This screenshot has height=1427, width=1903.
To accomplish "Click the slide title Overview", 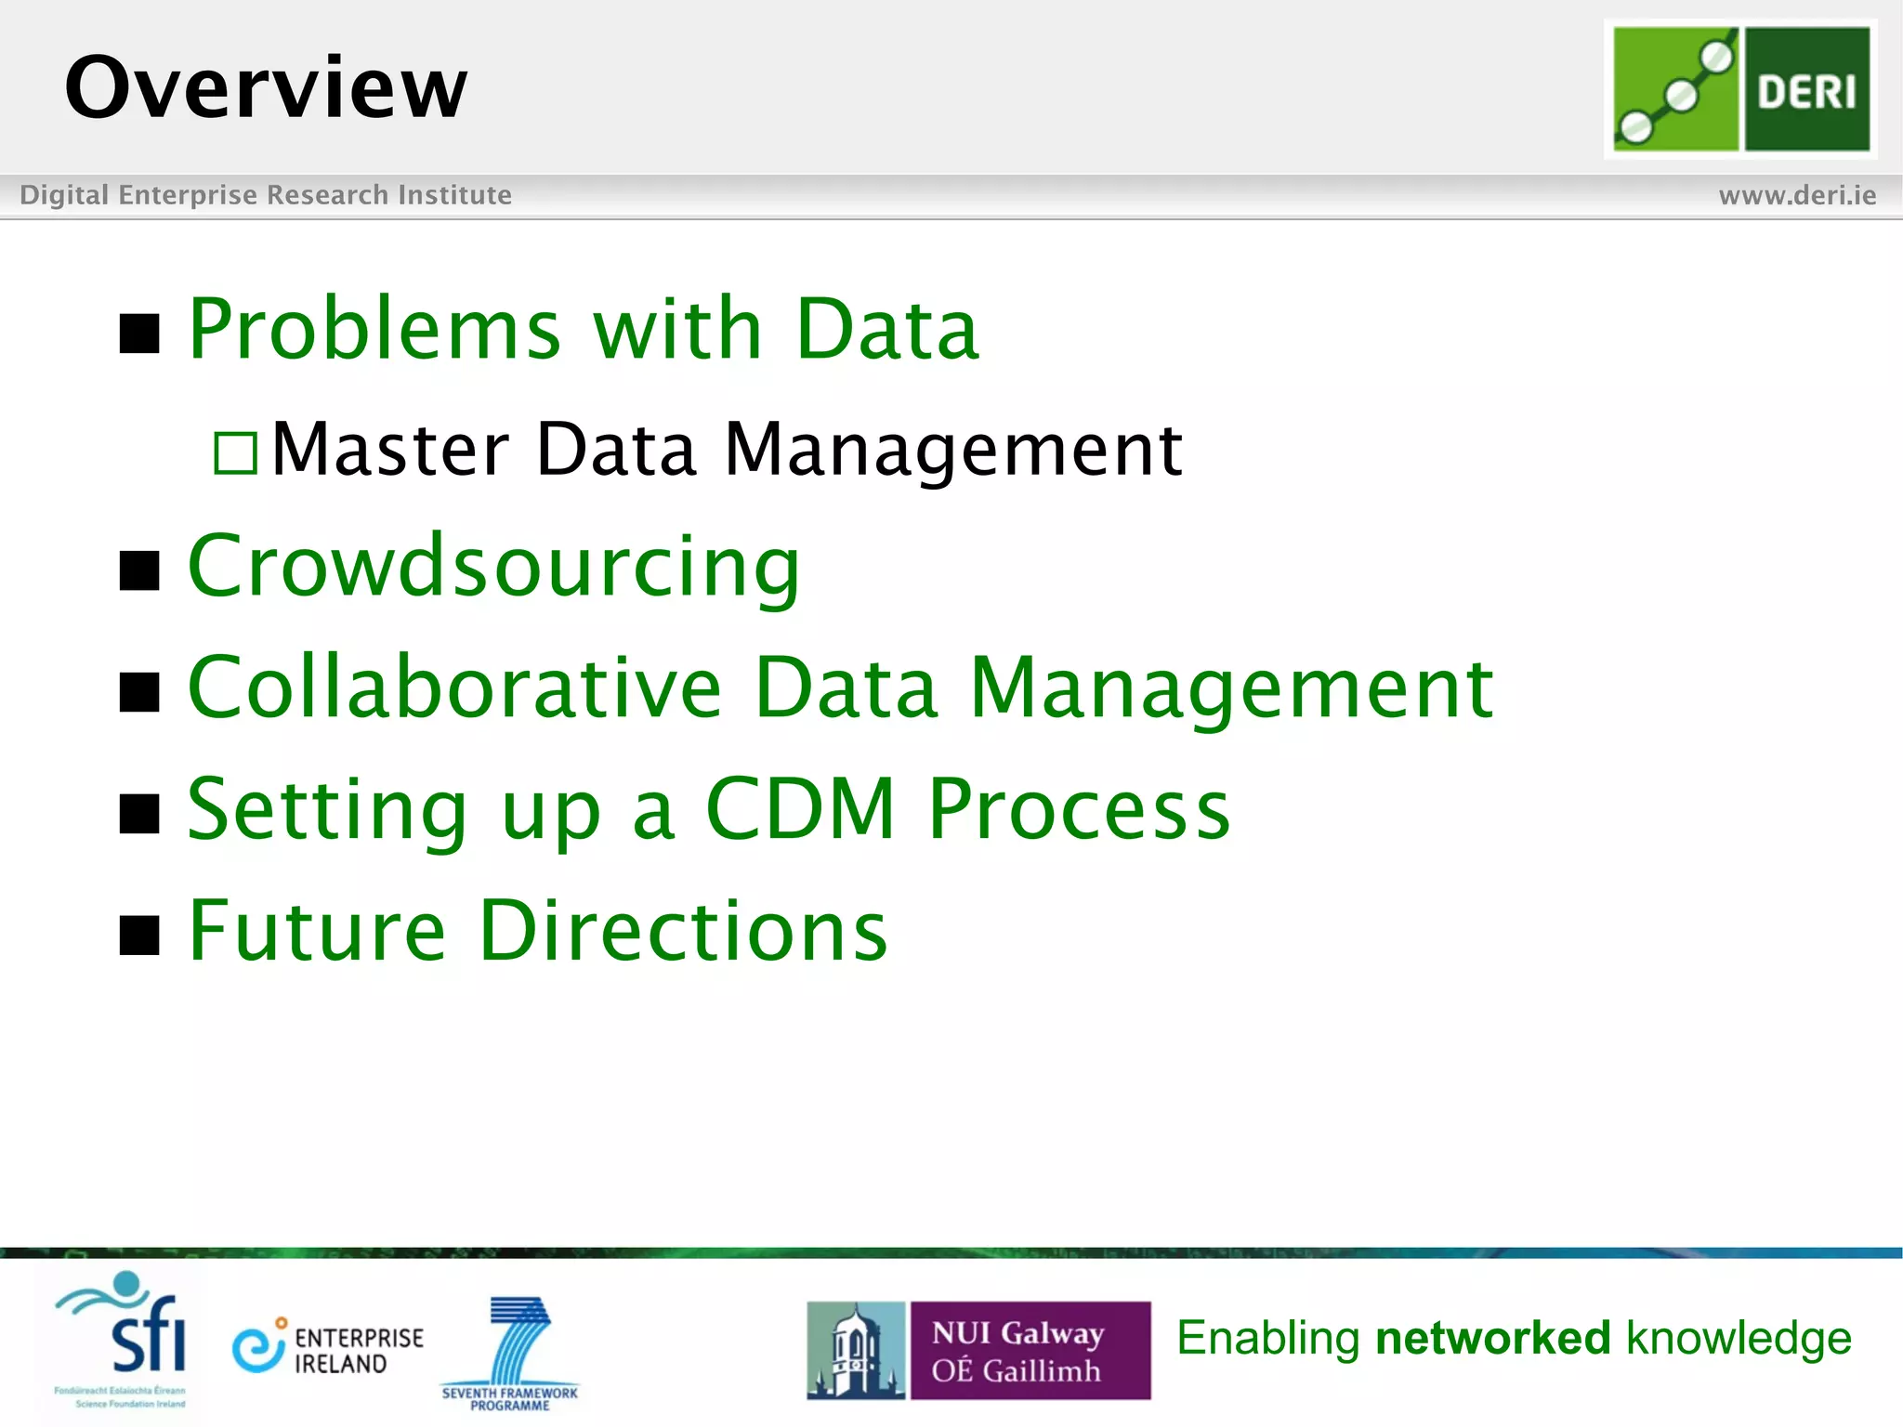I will coord(266,87).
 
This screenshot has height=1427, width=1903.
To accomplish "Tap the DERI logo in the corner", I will coord(1740,89).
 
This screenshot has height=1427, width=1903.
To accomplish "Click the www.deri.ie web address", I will coord(1797,195).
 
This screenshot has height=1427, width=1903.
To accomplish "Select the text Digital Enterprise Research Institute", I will coord(266,195).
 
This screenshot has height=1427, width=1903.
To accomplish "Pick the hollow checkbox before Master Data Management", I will coord(235,453).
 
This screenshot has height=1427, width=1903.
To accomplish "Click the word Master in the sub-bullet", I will coord(390,450).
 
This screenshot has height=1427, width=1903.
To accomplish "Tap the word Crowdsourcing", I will coord(493,567).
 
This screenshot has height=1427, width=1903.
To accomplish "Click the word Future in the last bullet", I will coord(317,931).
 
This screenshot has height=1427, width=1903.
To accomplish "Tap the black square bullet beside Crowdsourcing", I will coord(140,570).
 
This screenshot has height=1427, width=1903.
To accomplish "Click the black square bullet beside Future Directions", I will coord(140,935).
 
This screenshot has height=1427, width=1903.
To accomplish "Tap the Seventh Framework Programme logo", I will coord(511,1353).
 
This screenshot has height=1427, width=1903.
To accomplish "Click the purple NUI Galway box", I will coord(1030,1351).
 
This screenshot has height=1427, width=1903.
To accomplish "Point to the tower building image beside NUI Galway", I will coord(856,1351).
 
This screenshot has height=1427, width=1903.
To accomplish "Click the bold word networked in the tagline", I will coord(1492,1339).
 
